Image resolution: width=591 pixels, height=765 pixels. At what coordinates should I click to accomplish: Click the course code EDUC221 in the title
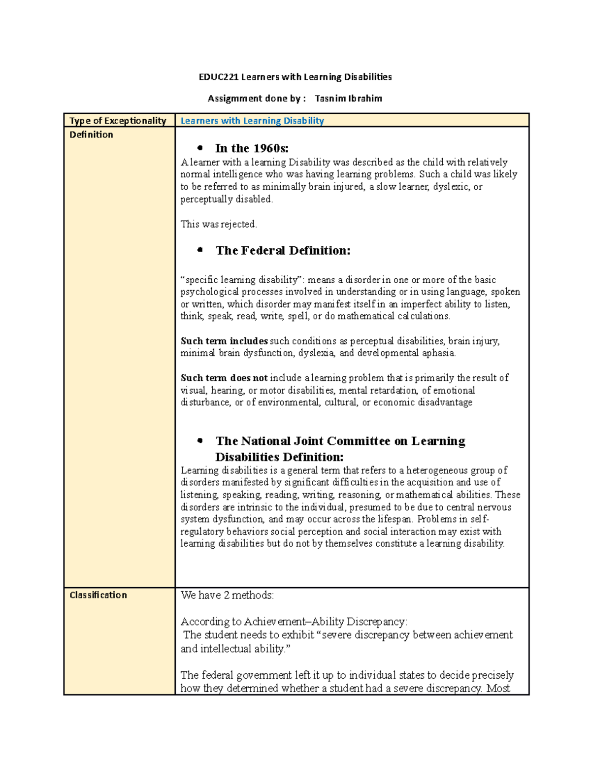(x=218, y=77)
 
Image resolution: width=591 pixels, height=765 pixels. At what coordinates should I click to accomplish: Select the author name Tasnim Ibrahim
(x=348, y=99)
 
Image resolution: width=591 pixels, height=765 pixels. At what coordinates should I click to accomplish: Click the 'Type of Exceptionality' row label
(x=118, y=121)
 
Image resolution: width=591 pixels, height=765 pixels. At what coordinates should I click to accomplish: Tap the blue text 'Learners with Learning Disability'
(x=252, y=121)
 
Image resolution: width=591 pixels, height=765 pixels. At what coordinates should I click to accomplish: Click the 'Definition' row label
(x=91, y=134)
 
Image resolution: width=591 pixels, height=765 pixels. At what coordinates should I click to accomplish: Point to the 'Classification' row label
(x=98, y=595)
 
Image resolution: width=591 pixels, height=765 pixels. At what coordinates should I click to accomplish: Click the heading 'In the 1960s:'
(x=252, y=148)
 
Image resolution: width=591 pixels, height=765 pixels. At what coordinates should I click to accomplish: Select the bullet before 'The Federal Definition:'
(x=200, y=250)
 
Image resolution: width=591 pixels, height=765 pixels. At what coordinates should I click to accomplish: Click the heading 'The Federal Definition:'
(x=283, y=251)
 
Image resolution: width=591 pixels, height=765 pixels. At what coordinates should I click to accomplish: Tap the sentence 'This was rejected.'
(x=219, y=224)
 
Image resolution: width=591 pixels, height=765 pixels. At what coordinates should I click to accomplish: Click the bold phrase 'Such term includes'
(x=224, y=341)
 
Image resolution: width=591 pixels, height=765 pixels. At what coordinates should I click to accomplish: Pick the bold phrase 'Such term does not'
(x=224, y=378)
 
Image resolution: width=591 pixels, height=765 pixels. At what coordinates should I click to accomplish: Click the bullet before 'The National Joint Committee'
(x=200, y=440)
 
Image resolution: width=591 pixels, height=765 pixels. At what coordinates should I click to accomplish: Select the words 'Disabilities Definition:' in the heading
(x=279, y=457)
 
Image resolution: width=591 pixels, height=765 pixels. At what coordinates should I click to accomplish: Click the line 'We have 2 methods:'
(x=227, y=595)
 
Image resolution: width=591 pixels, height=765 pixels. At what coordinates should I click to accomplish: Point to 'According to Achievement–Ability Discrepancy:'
(x=294, y=622)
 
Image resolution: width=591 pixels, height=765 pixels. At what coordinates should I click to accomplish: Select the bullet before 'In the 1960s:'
(x=200, y=148)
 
